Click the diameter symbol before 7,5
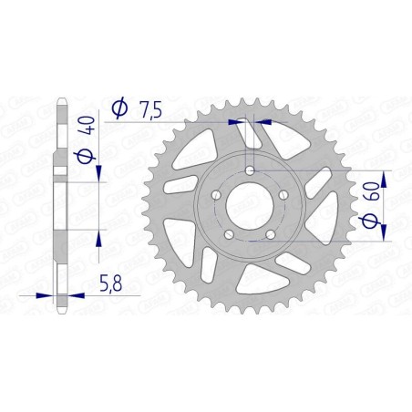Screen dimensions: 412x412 (118, 109)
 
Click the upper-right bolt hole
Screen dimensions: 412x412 (283, 195)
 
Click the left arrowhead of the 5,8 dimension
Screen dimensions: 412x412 (47, 294)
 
